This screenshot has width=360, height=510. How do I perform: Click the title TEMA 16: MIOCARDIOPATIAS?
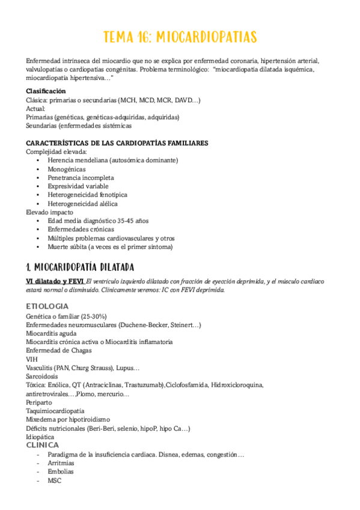[180, 37]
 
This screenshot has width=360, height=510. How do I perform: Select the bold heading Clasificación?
[46, 91]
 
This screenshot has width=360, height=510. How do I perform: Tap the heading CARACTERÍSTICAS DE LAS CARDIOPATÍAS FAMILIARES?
[117, 143]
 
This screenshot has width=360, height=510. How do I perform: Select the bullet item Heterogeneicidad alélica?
[83, 203]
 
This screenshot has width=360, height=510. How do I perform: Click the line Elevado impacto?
[50, 212]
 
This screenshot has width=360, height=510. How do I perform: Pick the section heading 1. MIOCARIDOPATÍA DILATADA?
[80, 266]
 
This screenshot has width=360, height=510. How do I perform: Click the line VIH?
[32, 359]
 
